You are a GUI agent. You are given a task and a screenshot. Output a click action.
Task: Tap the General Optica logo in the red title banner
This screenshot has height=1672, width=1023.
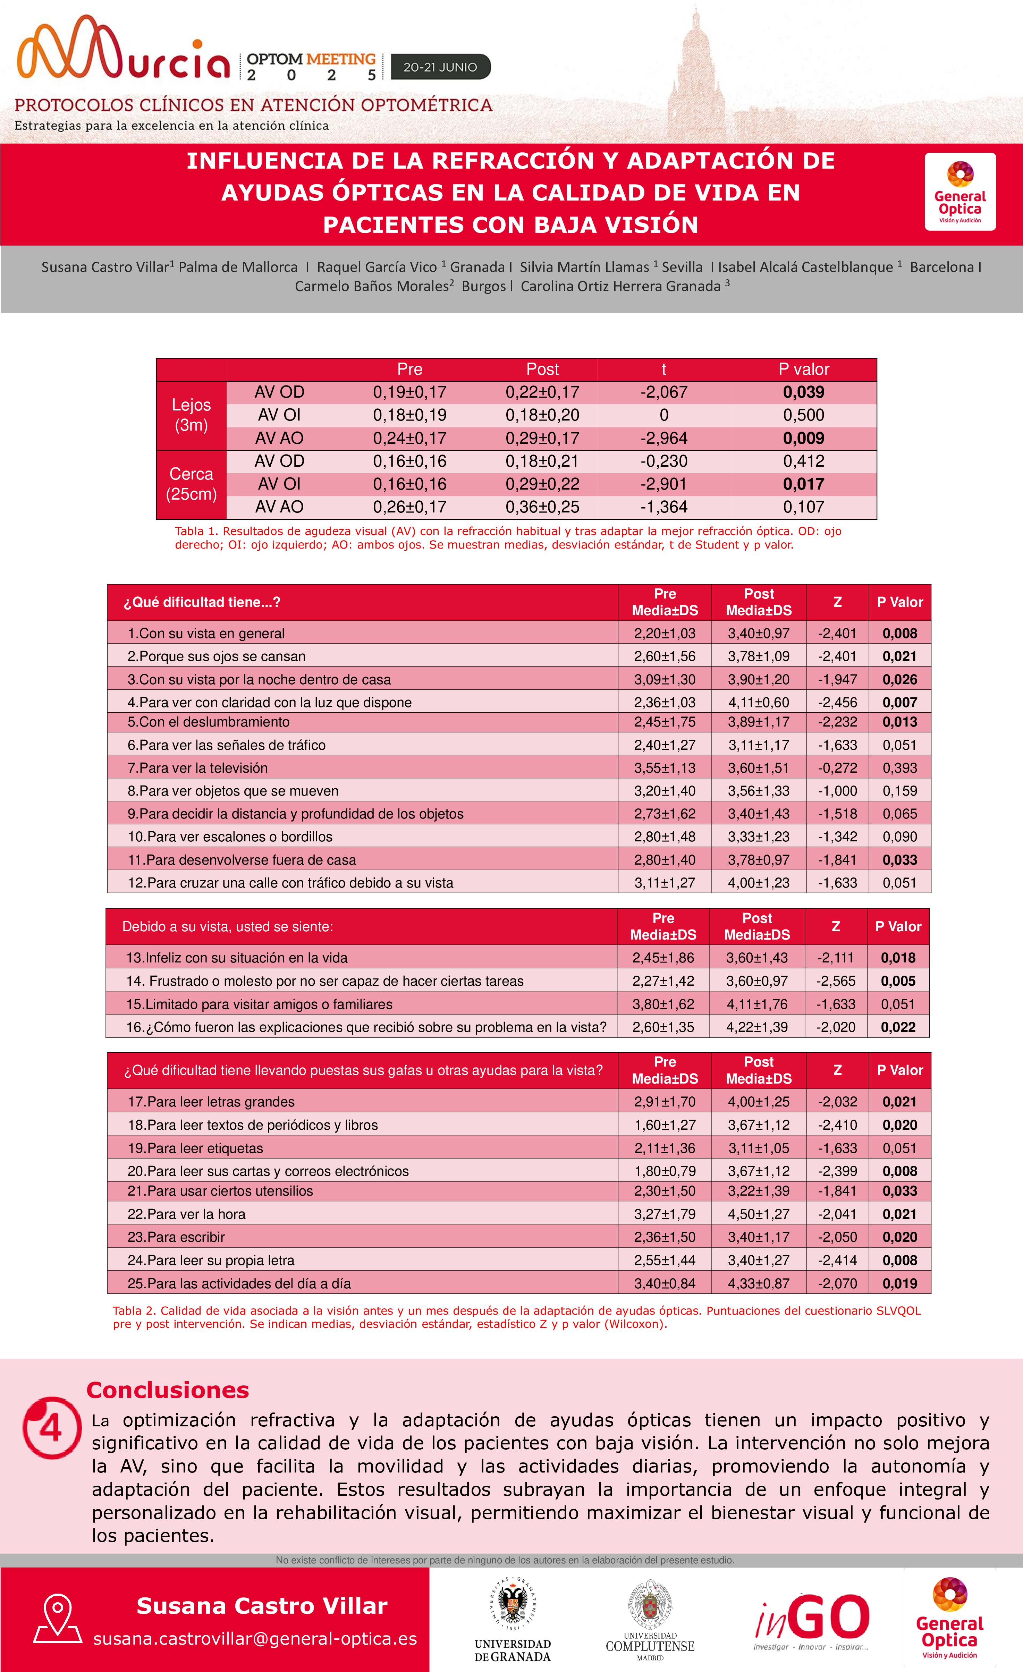click(960, 192)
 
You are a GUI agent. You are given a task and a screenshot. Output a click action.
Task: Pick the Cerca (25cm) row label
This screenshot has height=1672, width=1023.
click(192, 484)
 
